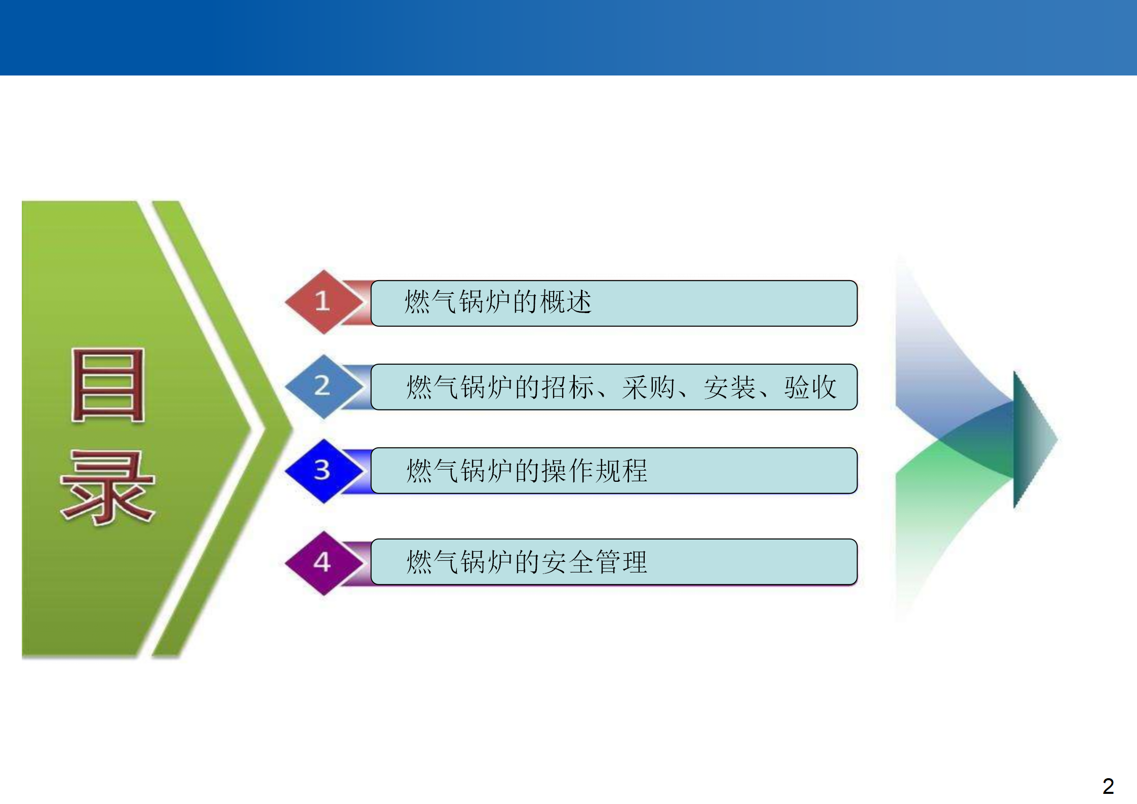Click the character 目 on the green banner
point(108,385)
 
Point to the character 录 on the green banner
point(107,487)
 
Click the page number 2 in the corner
point(1108,786)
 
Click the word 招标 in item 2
point(568,387)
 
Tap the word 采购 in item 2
point(649,387)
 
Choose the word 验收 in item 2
point(810,387)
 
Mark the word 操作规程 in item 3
point(595,471)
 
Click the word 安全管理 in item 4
point(595,562)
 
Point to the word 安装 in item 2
point(729,387)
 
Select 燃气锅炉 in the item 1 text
point(457,302)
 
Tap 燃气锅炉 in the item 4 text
point(459,562)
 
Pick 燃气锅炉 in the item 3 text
point(459,471)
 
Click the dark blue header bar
point(568,37)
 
